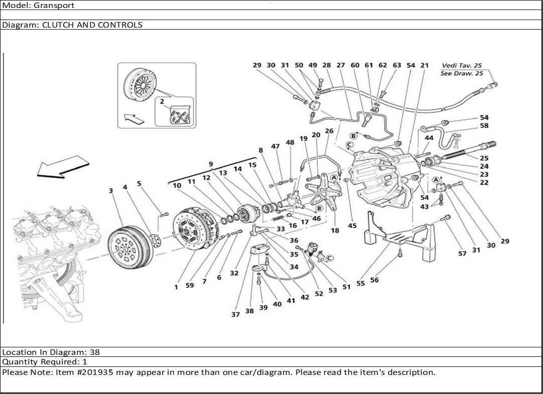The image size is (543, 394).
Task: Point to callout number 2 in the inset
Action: pos(162,101)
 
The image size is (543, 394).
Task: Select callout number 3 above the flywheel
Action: pos(110,190)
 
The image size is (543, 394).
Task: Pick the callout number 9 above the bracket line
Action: pos(211,164)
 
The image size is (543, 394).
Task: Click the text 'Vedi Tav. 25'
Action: pos(462,65)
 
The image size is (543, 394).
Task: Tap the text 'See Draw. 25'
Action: pos(462,73)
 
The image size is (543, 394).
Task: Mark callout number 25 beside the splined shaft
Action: pos(484,158)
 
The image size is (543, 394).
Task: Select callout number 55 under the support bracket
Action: pos(360,283)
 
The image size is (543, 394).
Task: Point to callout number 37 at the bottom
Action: pos(235,314)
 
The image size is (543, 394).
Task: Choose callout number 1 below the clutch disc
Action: pos(176,287)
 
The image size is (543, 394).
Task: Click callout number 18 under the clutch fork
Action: pos(334,231)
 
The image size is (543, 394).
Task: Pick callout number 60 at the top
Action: pos(355,65)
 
